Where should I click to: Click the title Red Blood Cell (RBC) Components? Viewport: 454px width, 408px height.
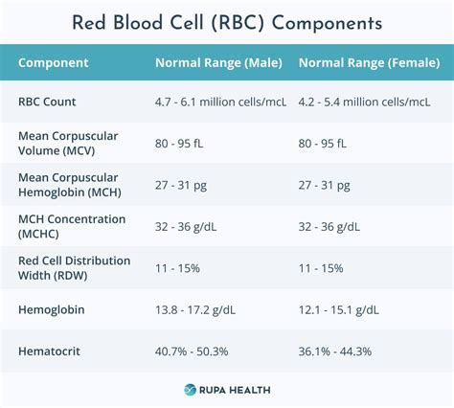[227, 23]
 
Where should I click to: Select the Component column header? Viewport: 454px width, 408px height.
[54, 63]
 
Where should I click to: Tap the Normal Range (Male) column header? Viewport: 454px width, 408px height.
[218, 63]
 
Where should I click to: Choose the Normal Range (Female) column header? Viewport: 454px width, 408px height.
[368, 63]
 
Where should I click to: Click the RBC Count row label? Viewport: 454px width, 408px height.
[48, 101]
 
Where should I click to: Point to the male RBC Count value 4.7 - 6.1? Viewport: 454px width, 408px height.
[219, 101]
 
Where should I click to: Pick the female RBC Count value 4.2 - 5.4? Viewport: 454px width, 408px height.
[364, 101]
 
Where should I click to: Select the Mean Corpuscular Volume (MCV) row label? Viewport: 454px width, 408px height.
[68, 143]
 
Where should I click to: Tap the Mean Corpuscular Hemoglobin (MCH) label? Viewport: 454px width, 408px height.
[68, 184]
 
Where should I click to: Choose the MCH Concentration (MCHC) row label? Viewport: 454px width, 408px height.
[72, 226]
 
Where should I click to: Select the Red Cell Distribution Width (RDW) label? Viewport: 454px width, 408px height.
[66, 267]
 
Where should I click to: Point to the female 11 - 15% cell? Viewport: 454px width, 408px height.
[322, 267]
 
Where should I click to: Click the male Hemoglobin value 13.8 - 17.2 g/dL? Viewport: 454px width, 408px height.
[197, 310]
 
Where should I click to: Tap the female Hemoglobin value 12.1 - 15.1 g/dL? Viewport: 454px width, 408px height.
[340, 310]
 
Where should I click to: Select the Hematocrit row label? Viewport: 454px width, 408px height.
[49, 351]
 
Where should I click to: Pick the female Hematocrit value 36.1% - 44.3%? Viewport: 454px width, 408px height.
[335, 351]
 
